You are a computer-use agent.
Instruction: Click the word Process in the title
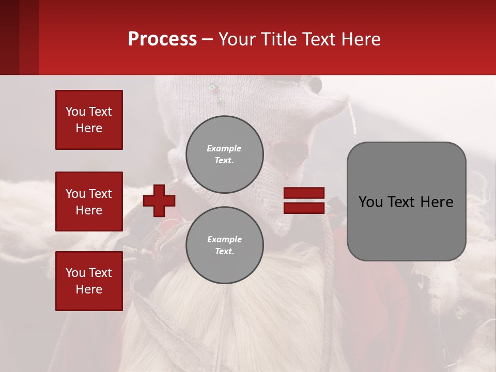[x=162, y=39]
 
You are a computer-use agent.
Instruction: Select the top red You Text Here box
[x=89, y=120]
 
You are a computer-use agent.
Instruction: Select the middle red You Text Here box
[x=89, y=202]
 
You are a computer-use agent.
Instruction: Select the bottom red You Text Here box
[x=89, y=281]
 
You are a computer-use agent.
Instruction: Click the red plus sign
[x=159, y=200]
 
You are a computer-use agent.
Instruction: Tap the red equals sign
[x=304, y=200]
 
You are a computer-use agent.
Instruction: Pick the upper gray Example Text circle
[x=225, y=154]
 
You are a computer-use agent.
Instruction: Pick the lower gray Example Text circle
[x=225, y=245]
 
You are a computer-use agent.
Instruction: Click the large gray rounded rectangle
[x=406, y=227]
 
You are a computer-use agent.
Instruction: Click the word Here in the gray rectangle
[x=437, y=202]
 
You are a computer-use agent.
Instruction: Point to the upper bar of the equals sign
[x=304, y=193]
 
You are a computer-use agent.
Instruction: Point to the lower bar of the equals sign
[x=304, y=208]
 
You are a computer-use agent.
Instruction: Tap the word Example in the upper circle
[x=224, y=148]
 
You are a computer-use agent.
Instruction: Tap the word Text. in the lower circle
[x=224, y=251]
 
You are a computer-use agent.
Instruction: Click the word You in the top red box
[x=75, y=112]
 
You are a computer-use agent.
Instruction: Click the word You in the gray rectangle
[x=370, y=202]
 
